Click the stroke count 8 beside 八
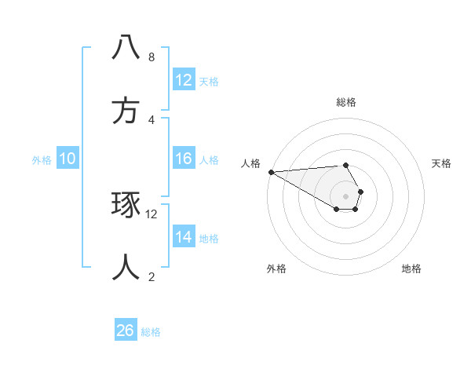152,57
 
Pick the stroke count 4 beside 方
152,120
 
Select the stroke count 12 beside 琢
152,214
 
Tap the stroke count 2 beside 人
152,276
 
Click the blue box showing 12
184,80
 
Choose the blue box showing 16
184,159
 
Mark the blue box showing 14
184,237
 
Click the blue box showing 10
68,159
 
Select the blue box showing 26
126,331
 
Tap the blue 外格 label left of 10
42,160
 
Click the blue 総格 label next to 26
151,332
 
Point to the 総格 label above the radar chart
346,102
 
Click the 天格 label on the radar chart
442,163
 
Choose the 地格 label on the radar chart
411,269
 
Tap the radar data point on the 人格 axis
271,172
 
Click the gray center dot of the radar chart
346,195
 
